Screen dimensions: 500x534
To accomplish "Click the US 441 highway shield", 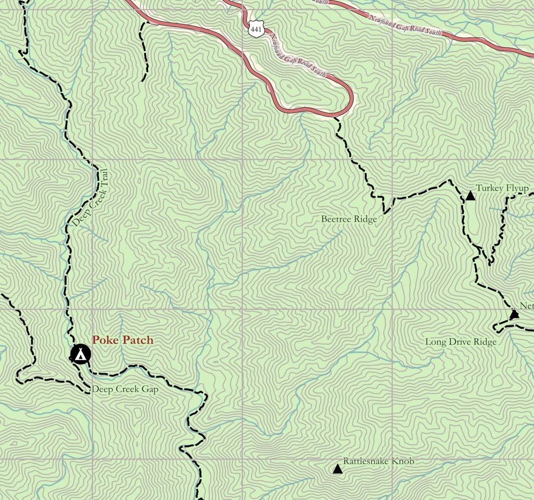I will [x=255, y=29].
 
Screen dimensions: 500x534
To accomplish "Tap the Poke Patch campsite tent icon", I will [x=81, y=355].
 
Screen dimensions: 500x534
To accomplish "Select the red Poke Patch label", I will [x=122, y=340].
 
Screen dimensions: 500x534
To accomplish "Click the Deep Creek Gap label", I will [x=125, y=389].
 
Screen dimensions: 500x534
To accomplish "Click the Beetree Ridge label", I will [x=349, y=219].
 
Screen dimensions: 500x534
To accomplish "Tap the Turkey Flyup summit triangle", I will [x=470, y=196].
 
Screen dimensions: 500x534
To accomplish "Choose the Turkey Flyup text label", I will [x=502, y=188].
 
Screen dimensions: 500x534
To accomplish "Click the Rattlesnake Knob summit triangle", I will [x=337, y=469].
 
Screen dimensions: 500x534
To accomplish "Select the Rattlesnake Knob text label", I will [x=378, y=461].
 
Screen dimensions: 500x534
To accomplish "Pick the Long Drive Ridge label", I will [x=461, y=342].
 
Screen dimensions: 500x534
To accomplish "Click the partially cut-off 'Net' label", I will [x=526, y=306].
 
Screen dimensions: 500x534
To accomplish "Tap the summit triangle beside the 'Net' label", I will [x=514, y=315].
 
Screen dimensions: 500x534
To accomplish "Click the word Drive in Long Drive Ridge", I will [x=459, y=342].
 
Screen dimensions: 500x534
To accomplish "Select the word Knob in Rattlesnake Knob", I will [x=404, y=461].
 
